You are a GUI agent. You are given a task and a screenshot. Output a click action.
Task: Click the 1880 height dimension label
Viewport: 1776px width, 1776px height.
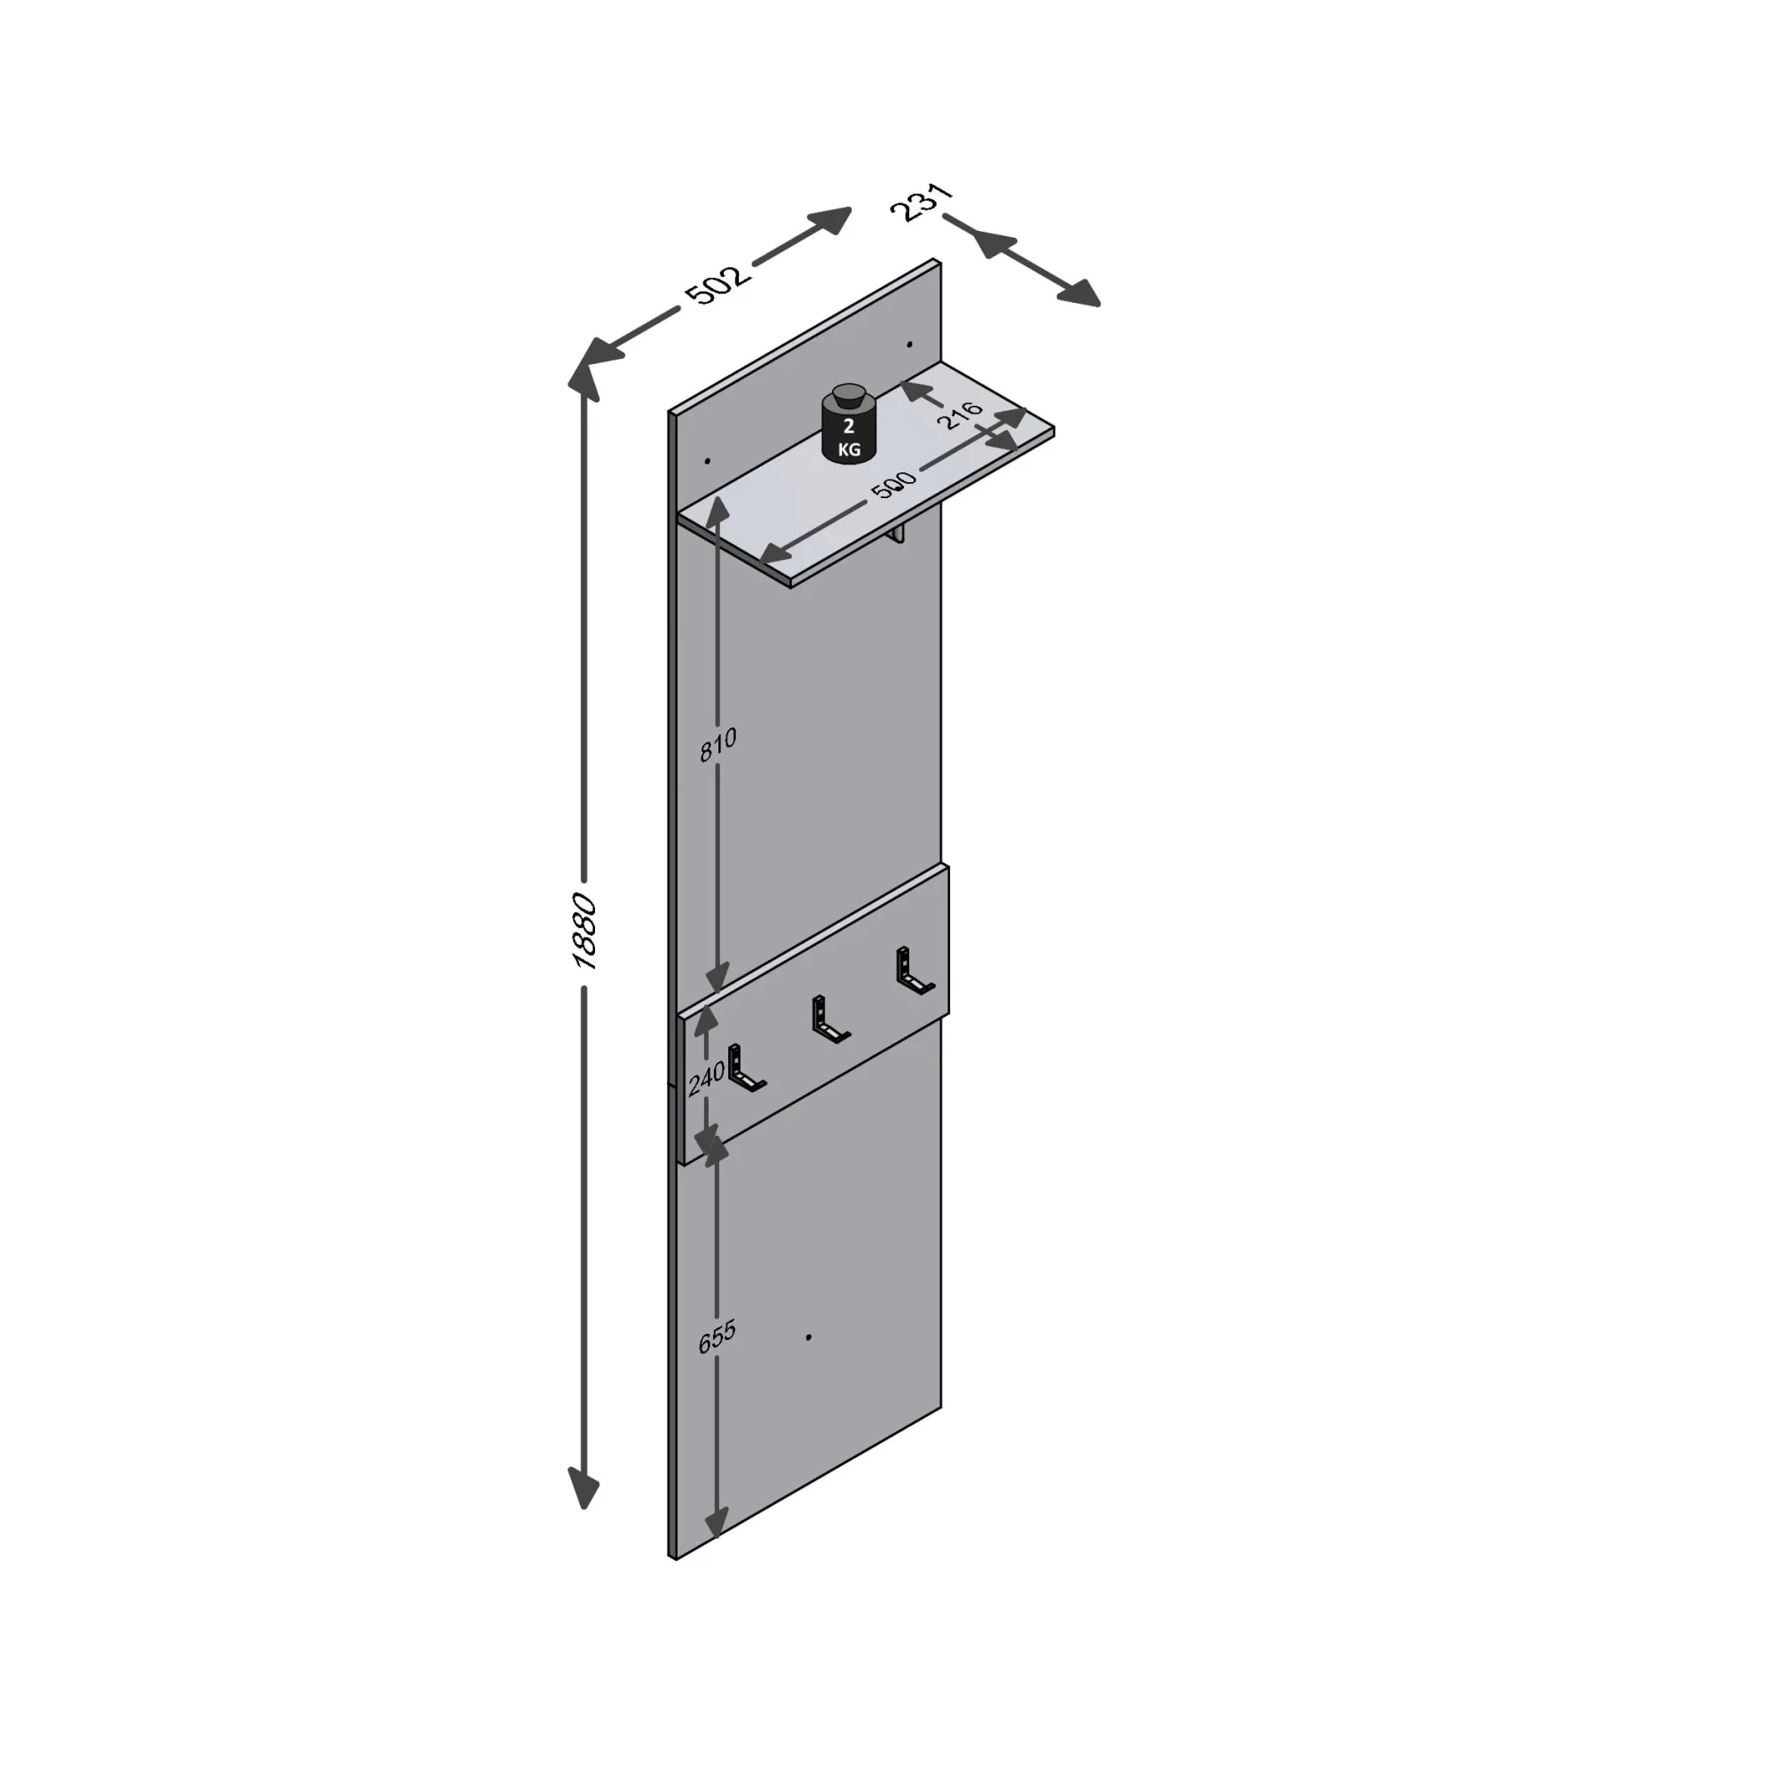pos(584,932)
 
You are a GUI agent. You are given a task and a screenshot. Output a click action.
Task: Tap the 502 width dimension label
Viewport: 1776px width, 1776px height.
pos(718,284)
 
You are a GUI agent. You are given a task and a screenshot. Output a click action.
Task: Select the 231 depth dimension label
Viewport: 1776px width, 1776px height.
pos(922,202)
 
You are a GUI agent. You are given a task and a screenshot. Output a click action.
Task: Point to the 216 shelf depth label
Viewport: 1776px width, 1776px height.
pos(961,415)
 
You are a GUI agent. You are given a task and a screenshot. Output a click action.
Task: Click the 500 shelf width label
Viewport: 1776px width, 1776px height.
pos(893,485)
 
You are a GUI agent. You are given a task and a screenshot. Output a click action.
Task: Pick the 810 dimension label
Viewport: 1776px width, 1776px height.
pos(718,745)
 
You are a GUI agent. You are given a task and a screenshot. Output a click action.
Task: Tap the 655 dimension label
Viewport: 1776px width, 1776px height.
pos(717,1337)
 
